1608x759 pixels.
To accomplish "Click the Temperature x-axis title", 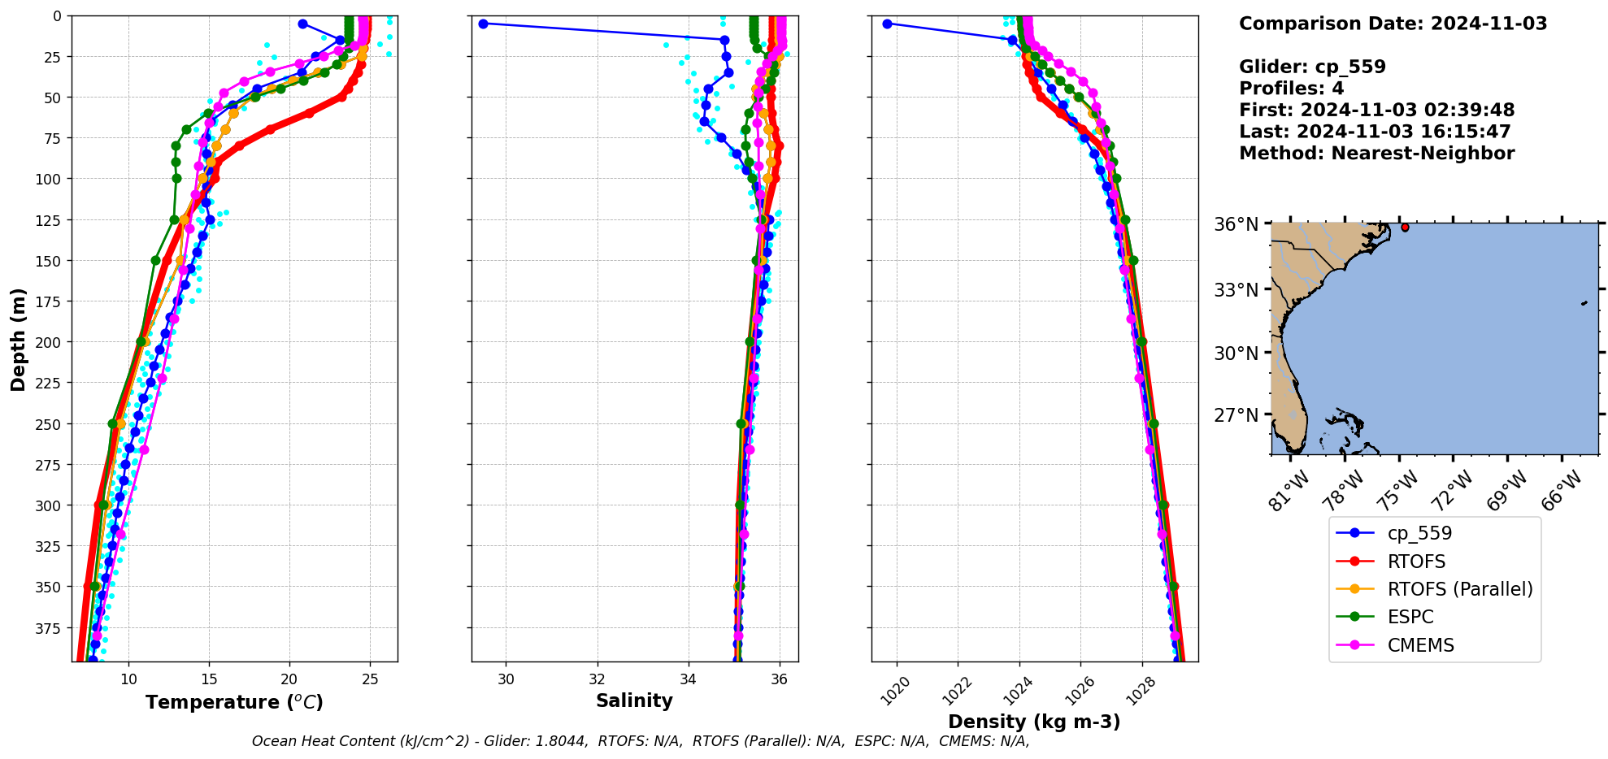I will [x=234, y=702].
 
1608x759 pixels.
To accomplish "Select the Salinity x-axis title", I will [x=634, y=700].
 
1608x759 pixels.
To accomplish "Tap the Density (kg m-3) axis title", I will [x=1034, y=722].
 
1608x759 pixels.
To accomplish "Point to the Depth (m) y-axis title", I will [x=18, y=339].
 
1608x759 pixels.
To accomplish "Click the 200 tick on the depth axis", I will [x=50, y=342].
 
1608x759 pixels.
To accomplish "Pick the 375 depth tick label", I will [x=50, y=627].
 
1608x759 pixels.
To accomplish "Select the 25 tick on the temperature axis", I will [x=370, y=679].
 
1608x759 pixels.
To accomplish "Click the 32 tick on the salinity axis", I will [x=598, y=679].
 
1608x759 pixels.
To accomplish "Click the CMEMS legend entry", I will [x=1420, y=645].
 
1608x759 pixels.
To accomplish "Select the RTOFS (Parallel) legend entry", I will [x=1460, y=589].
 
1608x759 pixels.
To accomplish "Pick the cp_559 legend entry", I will [x=1419, y=533].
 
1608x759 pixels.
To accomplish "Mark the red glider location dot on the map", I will [x=1405, y=228].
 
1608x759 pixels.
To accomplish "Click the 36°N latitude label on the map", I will [x=1236, y=224].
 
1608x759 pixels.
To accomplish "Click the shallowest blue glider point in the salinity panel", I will [x=483, y=24].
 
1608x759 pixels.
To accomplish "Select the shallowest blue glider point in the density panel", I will [x=887, y=24].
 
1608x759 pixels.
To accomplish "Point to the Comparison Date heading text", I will [x=1393, y=24].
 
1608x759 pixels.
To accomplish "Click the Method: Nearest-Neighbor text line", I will [x=1376, y=154].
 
